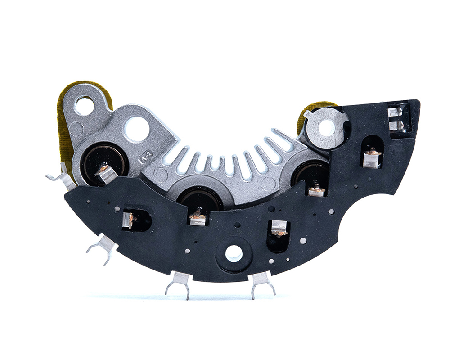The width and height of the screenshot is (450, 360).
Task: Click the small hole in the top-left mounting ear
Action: (x=85, y=105)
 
